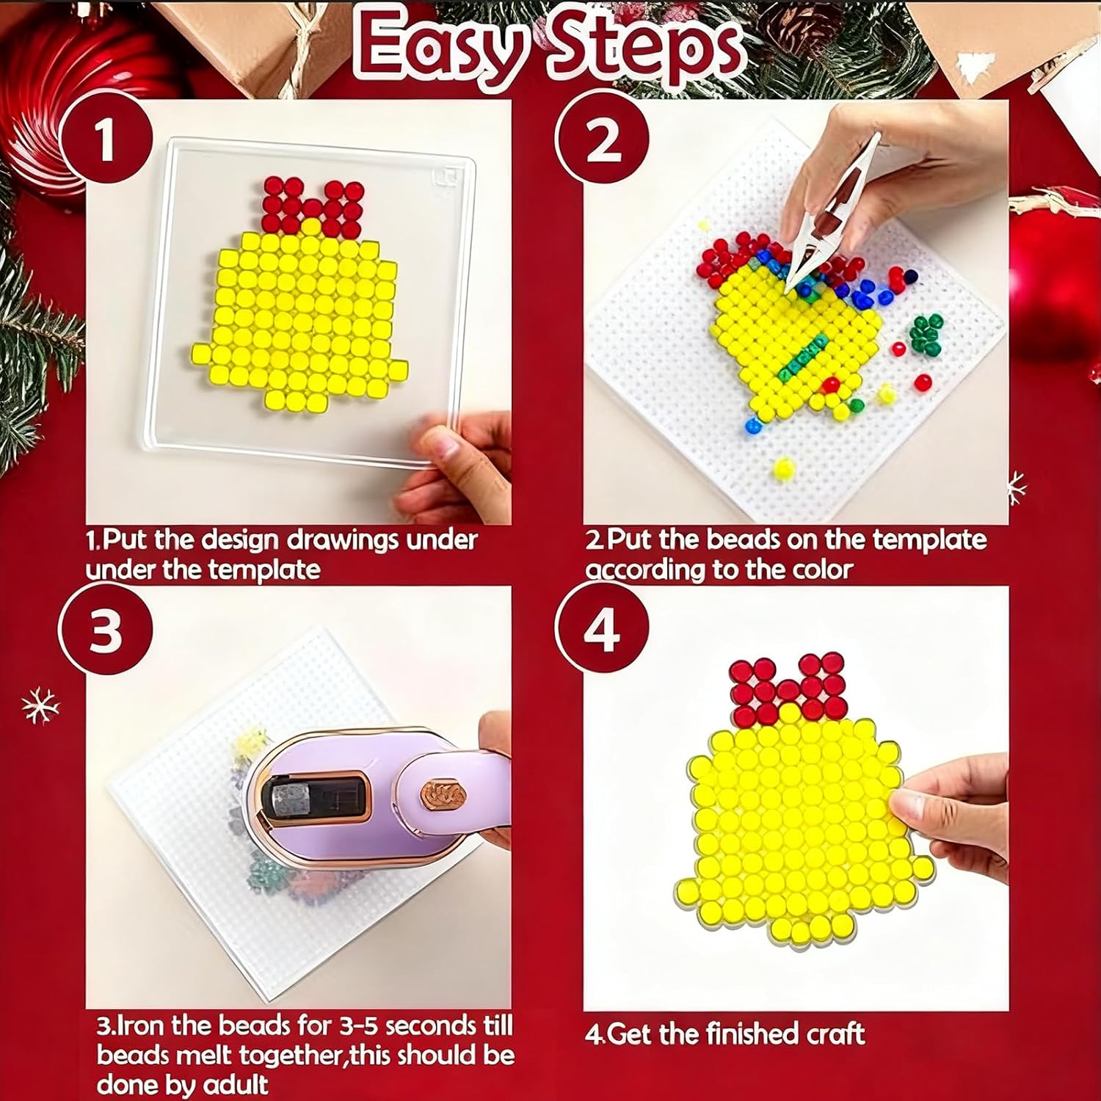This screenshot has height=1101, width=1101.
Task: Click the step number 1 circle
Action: [106, 141]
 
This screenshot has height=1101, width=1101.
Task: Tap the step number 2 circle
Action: [603, 140]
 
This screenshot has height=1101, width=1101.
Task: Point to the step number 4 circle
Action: [603, 631]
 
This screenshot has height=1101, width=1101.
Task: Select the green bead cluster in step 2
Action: [926, 334]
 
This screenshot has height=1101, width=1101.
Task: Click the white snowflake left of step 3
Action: [40, 706]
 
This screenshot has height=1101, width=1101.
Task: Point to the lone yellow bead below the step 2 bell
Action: [783, 467]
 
